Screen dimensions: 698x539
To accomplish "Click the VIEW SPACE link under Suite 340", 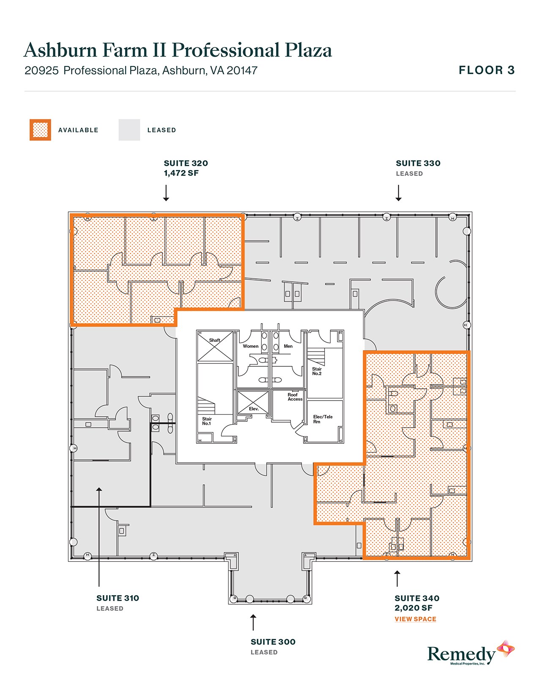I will point(415,619).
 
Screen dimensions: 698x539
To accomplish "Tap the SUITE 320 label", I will point(186,163).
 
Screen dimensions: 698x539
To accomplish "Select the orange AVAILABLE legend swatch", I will point(40,130).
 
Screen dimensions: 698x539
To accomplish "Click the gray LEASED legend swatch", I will point(129,130).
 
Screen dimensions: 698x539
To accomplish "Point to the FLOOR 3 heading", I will point(487,70).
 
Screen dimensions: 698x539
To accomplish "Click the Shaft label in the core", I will point(214,340).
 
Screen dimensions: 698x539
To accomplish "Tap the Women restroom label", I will point(250,346).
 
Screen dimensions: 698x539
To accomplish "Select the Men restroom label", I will point(288,346).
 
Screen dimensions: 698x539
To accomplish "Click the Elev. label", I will point(254,409).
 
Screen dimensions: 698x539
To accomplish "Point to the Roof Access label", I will point(295,397).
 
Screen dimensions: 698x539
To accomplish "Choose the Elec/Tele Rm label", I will point(323,419).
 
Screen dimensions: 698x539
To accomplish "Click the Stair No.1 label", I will point(206,421).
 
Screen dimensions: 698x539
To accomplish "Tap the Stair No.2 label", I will point(317,371).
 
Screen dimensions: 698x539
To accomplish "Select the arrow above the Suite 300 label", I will point(253,622).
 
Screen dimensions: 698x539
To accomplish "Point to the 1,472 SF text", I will point(181,173).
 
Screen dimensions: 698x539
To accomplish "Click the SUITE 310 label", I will point(118,598).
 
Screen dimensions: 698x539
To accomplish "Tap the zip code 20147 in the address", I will point(242,71).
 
